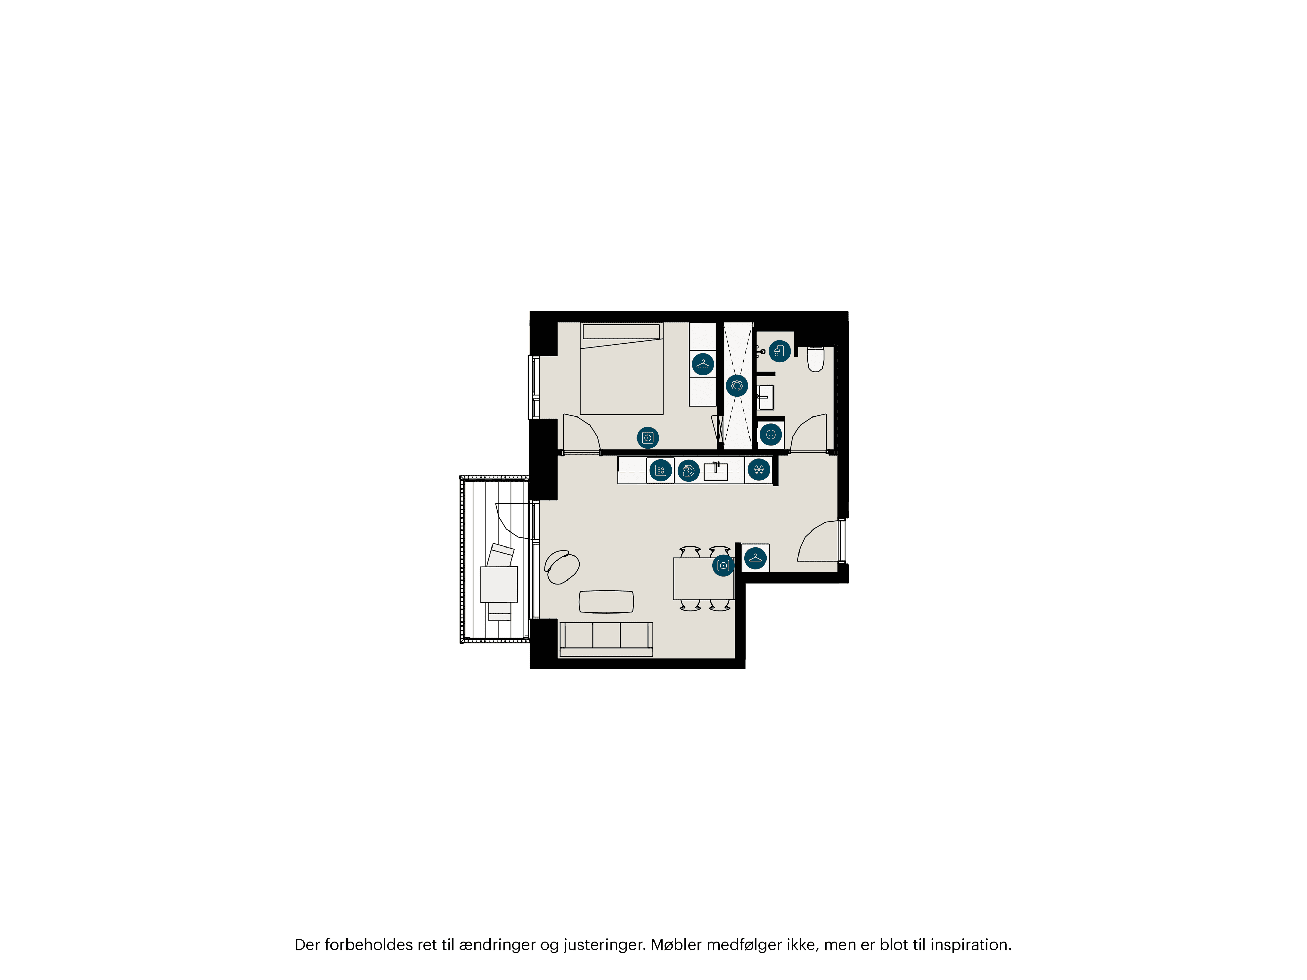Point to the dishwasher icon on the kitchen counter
(x=688, y=471)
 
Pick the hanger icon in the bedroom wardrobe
(x=703, y=364)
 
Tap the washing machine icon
(x=771, y=435)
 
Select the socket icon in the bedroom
(x=648, y=438)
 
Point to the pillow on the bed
(x=621, y=331)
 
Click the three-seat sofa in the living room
(x=606, y=639)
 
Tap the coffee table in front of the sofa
(x=606, y=601)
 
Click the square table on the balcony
(x=499, y=584)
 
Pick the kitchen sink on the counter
(x=715, y=472)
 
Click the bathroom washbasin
(x=766, y=397)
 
